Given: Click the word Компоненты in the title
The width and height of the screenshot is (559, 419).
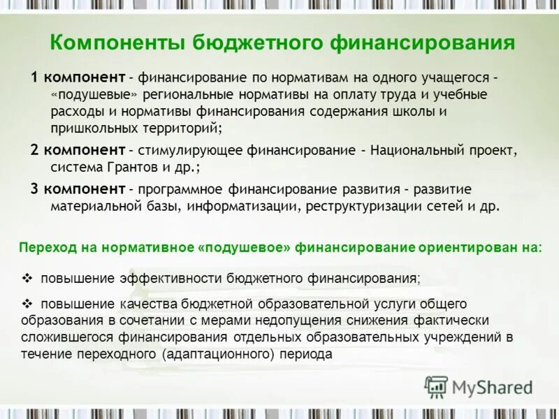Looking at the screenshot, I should [x=119, y=44].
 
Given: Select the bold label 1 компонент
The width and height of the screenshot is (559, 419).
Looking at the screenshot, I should [x=78, y=76].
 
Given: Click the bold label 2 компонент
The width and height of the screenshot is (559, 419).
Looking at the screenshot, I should [x=78, y=150].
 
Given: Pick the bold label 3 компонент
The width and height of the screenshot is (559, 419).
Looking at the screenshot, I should [x=78, y=189].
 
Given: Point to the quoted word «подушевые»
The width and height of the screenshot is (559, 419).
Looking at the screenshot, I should [x=89, y=94].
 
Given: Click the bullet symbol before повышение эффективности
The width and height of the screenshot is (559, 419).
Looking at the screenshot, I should [x=28, y=278].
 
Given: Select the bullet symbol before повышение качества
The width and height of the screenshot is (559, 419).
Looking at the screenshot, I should [x=28, y=304].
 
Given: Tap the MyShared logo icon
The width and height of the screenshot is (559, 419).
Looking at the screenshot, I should [x=437, y=386].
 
